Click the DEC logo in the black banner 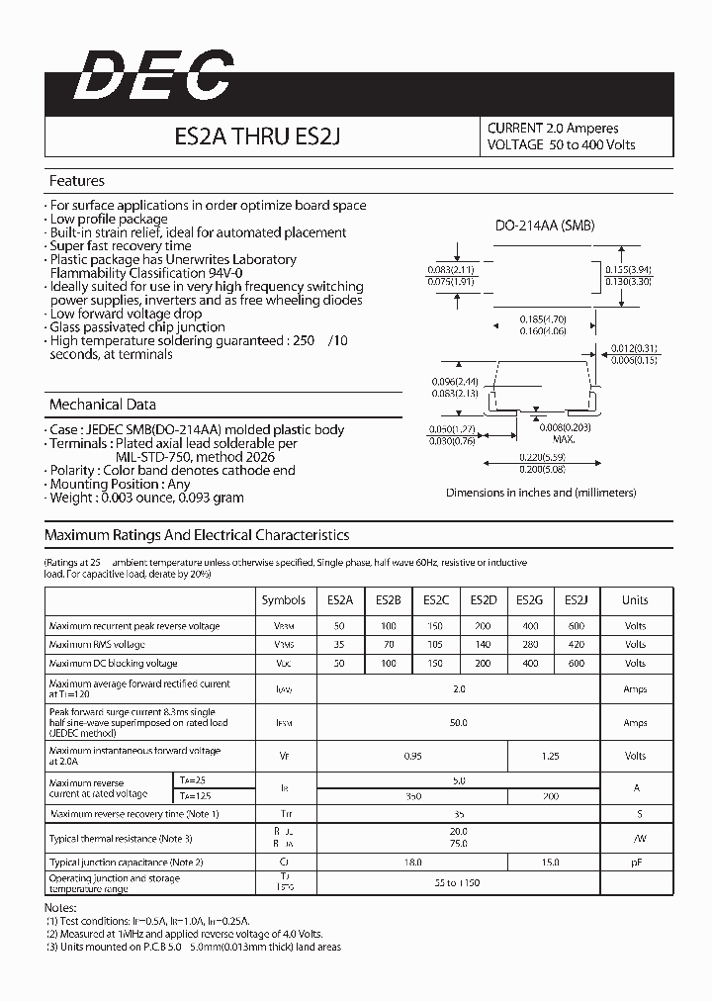pyautogui.click(x=153, y=76)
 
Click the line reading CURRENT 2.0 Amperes pyautogui.click(x=553, y=128)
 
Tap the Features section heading pyautogui.click(x=77, y=181)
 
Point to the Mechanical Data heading pyautogui.click(x=103, y=405)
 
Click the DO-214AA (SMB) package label pyautogui.click(x=545, y=226)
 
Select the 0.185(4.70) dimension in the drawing pyautogui.click(x=543, y=318)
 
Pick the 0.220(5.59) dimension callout pyautogui.click(x=543, y=457)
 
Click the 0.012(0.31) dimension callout pyautogui.click(x=634, y=348)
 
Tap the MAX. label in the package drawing pyautogui.click(x=564, y=438)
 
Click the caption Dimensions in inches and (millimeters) pyautogui.click(x=541, y=493)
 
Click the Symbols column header pyautogui.click(x=284, y=599)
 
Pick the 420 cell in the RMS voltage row pyautogui.click(x=577, y=645)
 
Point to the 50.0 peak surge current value pyautogui.click(x=458, y=723)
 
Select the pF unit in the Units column pyautogui.click(x=635, y=863)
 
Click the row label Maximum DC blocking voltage pyautogui.click(x=114, y=664)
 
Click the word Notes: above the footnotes pyautogui.click(x=61, y=907)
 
